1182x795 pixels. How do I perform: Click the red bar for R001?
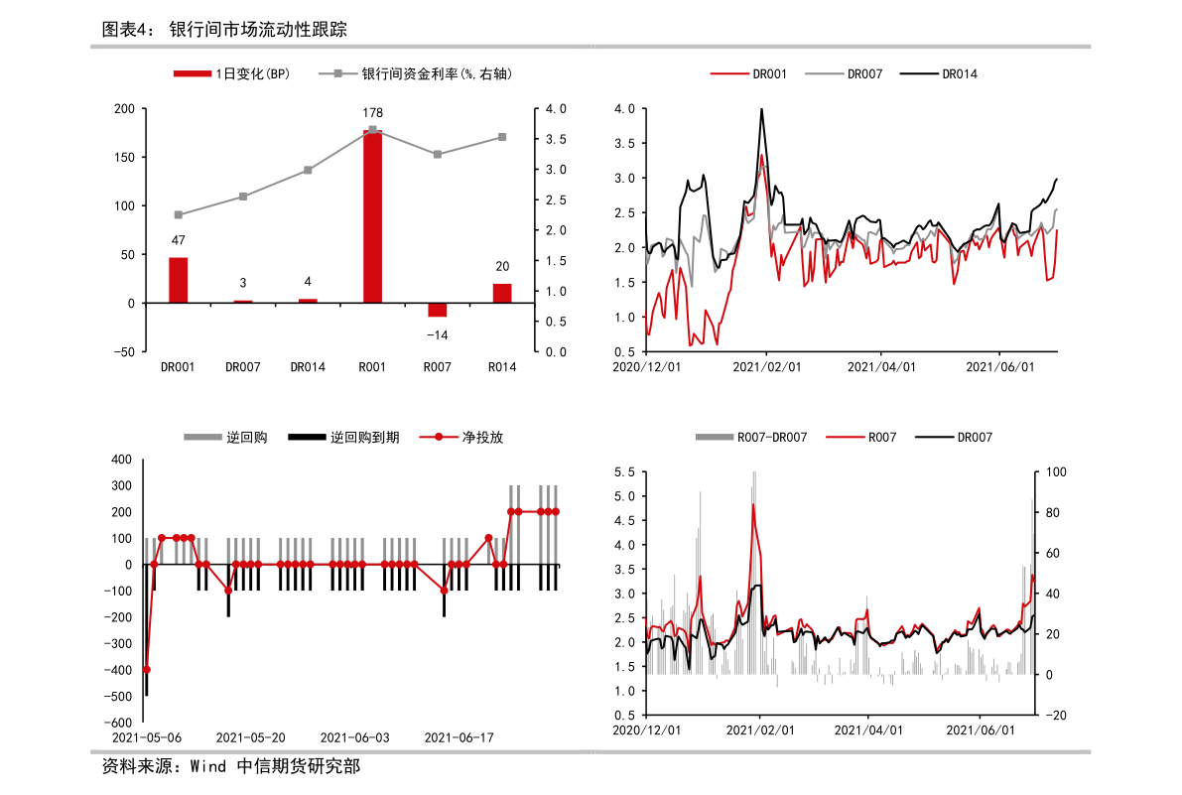pyautogui.click(x=372, y=216)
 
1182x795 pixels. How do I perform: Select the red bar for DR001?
pyautogui.click(x=178, y=280)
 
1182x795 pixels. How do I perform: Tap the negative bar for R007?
pyautogui.click(x=438, y=310)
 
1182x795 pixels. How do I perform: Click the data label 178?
pyautogui.click(x=372, y=113)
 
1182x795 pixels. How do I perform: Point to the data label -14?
pyautogui.click(x=438, y=334)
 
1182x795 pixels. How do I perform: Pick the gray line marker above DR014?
pyautogui.click(x=308, y=170)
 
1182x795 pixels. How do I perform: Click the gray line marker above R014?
pyautogui.click(x=502, y=137)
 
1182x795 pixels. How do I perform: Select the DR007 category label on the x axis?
pyautogui.click(x=243, y=366)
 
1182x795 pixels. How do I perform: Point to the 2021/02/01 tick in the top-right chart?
pyautogui.click(x=766, y=366)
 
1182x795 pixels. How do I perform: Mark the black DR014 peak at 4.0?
pyautogui.click(x=761, y=109)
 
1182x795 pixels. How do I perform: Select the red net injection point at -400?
pyautogui.click(x=147, y=670)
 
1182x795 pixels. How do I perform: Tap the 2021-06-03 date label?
pyautogui.click(x=354, y=737)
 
